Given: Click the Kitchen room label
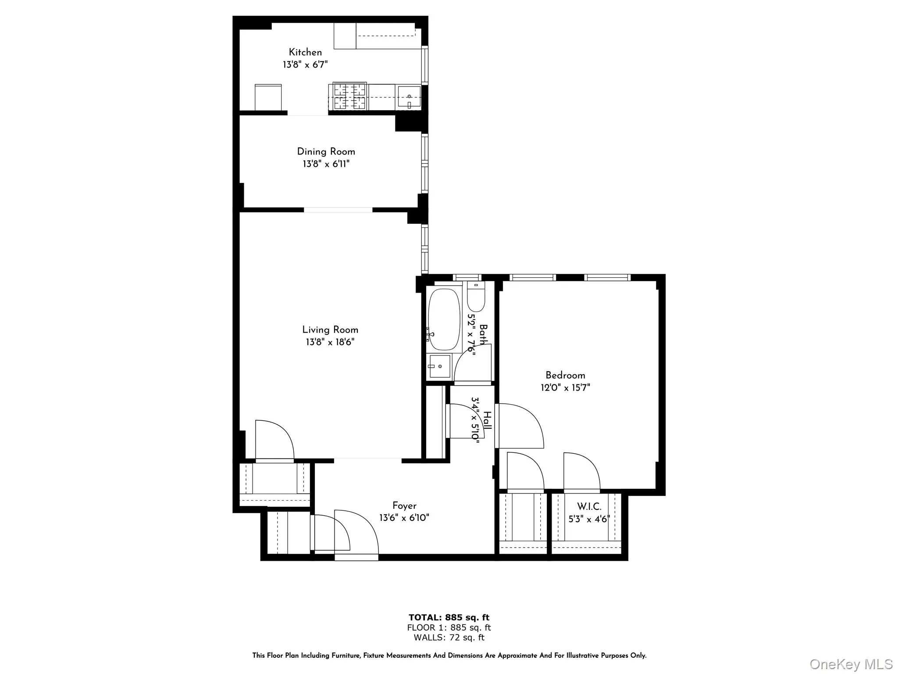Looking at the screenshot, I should coord(305,52).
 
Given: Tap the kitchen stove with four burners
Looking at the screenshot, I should coord(349,97).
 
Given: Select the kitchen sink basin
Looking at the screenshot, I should coord(409,97).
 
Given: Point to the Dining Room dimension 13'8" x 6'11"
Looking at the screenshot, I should coord(326,164).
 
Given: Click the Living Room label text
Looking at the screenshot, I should coord(330,330).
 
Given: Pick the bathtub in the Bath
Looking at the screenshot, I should coord(444,319).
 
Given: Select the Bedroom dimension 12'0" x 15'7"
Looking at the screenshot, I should coord(565,388).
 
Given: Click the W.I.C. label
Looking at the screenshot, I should coord(589,507).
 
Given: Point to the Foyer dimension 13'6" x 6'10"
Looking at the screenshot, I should coord(404,518).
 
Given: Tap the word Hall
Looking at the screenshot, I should coord(487,420).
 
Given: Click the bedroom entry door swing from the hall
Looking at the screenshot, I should coord(520,426).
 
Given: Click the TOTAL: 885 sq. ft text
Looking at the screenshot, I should coord(449,617).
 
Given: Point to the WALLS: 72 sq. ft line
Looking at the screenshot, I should coord(449,638).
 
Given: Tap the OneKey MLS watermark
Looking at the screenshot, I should coord(851,664).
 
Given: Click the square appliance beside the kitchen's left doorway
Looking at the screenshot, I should coord(268,97).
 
